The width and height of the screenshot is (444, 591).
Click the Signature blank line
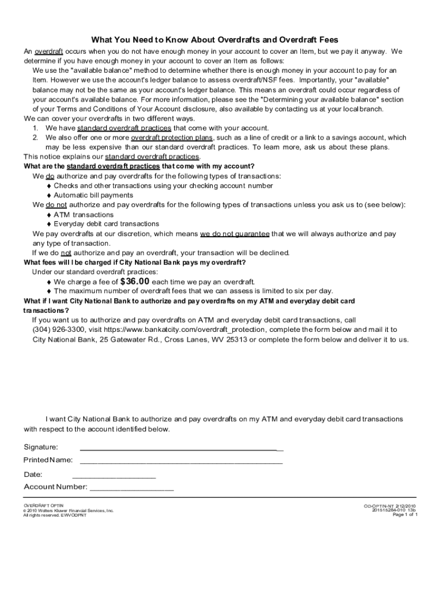tap(181, 448)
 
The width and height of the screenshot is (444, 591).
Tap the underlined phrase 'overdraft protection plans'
tap(172, 138)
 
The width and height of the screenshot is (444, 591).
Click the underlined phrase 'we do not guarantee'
tap(235, 234)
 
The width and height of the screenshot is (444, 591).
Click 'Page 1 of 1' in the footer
tap(405, 515)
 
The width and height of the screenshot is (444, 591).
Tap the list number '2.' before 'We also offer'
tap(35, 138)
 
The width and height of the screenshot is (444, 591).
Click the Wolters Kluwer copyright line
tap(68, 511)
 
